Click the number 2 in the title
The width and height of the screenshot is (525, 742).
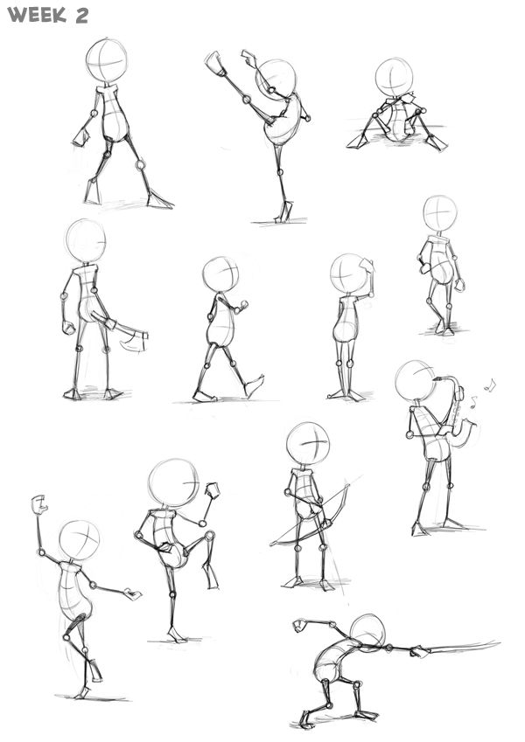click(80, 16)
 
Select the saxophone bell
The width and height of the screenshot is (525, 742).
click(466, 427)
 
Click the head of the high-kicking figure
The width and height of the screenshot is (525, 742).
click(276, 79)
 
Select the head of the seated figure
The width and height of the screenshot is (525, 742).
click(394, 77)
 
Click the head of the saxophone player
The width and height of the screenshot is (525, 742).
click(415, 381)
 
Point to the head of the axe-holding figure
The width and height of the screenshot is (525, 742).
click(86, 240)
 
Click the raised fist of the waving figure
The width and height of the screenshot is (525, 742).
click(38, 504)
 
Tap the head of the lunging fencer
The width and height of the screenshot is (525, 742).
click(367, 632)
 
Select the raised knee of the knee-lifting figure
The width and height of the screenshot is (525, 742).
click(206, 535)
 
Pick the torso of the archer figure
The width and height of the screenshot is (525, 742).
click(303, 495)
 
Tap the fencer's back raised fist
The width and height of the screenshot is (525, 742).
click(300, 625)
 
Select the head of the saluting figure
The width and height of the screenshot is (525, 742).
click(350, 274)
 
